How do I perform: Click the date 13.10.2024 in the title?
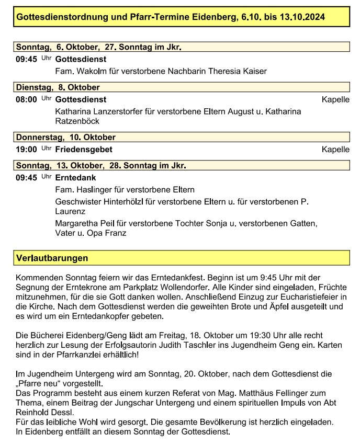[x=302, y=17]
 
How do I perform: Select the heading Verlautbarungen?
[x=52, y=258]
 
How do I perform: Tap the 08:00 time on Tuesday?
[x=26, y=99]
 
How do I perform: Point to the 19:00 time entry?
[x=26, y=150]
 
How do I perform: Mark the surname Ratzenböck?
[x=77, y=121]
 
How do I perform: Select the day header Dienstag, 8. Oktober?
[x=58, y=87]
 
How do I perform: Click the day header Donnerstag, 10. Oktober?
[x=65, y=138]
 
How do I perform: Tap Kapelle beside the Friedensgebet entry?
[x=335, y=150]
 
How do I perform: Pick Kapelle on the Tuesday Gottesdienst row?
[x=335, y=99]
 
